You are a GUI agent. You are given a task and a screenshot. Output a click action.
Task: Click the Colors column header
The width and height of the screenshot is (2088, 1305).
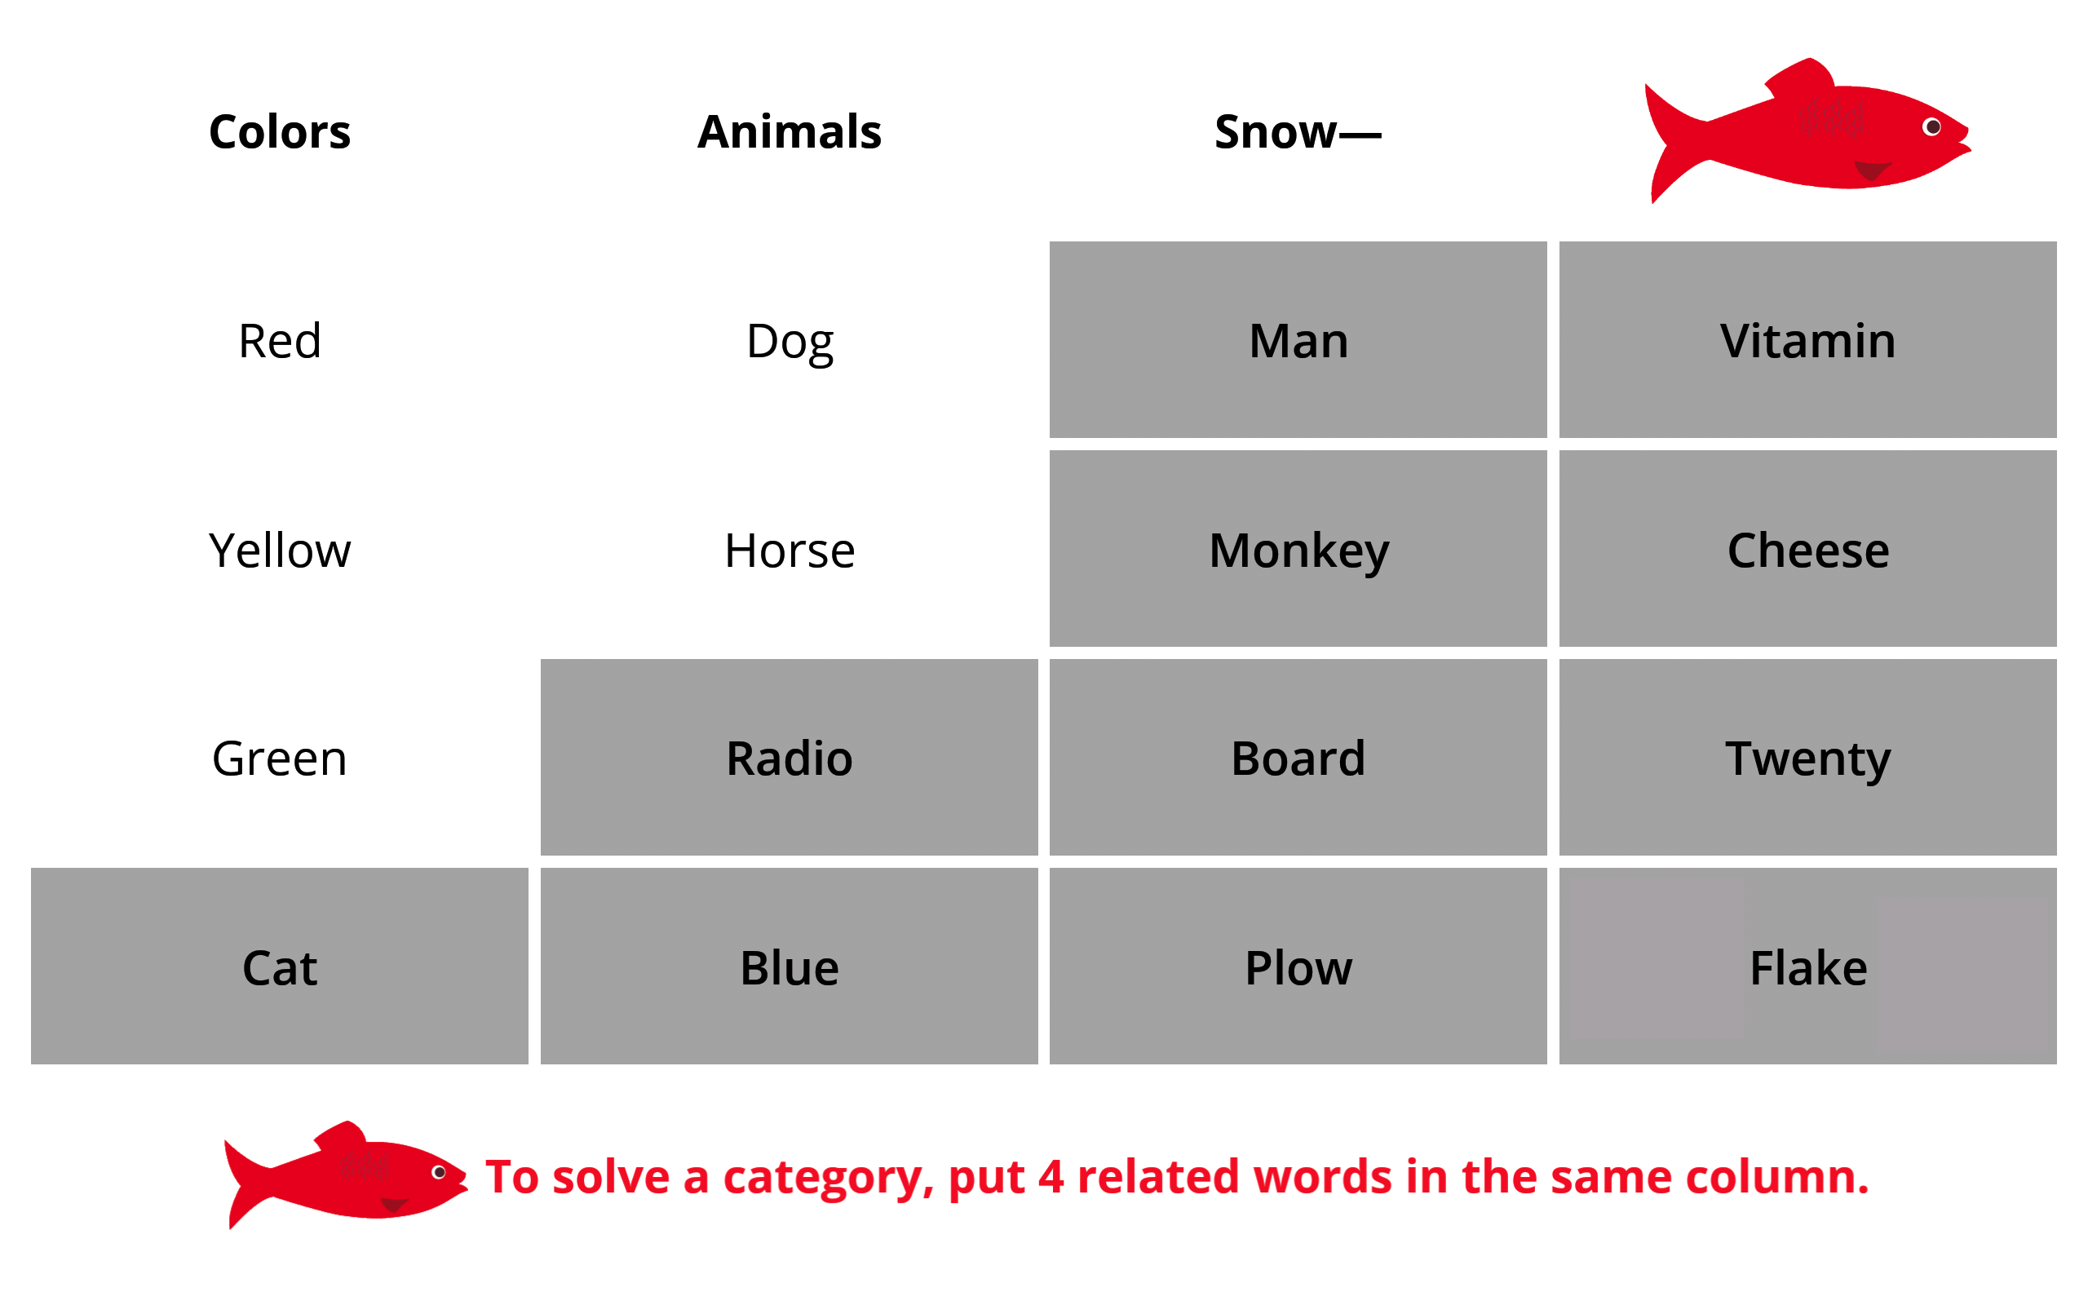click(280, 132)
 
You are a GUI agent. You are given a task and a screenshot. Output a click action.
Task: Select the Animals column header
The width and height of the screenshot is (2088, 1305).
click(790, 132)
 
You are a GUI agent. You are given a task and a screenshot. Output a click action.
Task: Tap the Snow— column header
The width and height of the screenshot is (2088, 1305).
click(1298, 132)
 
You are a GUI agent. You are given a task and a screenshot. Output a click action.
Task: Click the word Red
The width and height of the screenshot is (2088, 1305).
click(280, 341)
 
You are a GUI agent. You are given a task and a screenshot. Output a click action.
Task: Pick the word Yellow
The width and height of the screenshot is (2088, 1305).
click(280, 550)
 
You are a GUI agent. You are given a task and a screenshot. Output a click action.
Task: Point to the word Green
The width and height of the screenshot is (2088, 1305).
click(280, 759)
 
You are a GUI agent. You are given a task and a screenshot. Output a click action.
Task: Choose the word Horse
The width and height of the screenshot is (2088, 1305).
click(790, 550)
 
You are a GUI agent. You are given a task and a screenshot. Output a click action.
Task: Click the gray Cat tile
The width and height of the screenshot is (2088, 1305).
click(280, 966)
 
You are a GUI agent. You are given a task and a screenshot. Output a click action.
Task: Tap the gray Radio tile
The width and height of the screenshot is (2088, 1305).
click(790, 757)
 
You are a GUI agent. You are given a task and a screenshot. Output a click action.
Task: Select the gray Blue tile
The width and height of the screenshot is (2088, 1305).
click(790, 966)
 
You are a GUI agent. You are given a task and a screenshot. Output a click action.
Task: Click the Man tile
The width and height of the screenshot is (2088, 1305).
click(1298, 339)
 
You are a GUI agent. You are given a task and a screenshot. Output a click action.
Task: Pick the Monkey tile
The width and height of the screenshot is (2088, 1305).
click(1298, 548)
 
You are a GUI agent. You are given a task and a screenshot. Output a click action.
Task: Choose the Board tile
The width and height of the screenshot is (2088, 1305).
click(1298, 757)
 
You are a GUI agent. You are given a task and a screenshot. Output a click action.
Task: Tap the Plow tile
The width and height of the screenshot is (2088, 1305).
click(1298, 966)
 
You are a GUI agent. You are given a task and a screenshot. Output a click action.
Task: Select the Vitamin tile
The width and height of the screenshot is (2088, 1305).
click(1807, 339)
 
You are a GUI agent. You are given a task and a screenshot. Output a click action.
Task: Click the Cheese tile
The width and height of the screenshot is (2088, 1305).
click(1807, 548)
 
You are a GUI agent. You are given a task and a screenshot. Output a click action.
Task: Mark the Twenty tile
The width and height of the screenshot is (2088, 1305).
click(1807, 757)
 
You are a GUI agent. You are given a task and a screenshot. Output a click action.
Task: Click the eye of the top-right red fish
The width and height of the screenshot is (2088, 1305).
click(1933, 127)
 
